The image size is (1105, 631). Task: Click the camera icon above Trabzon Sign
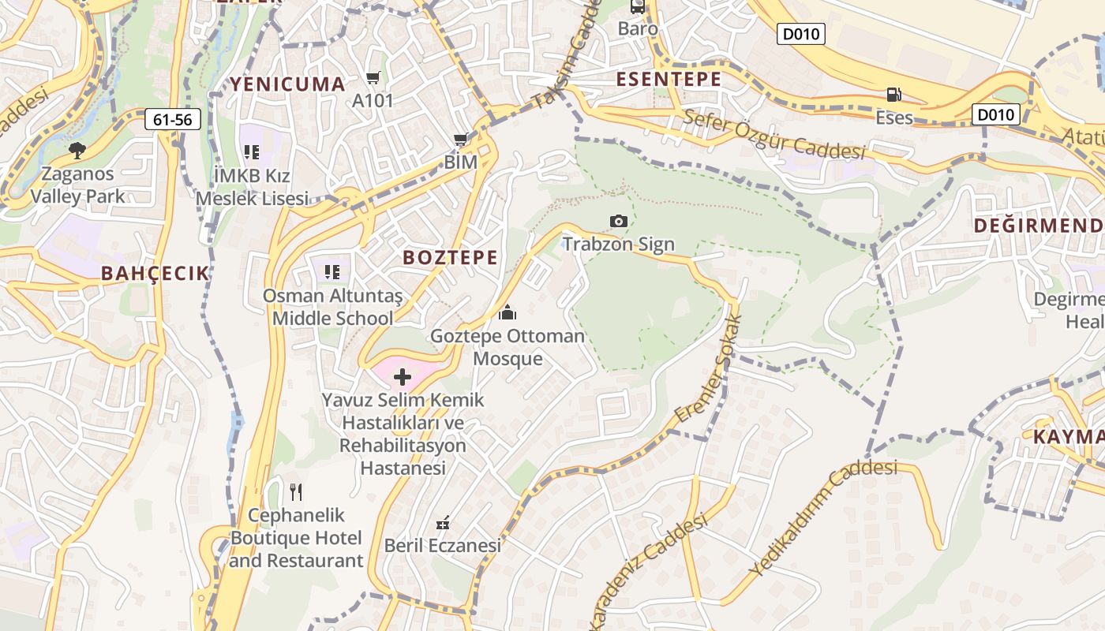[x=619, y=222]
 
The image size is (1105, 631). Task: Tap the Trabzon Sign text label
[x=619, y=244]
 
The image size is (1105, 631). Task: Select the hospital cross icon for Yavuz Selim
[x=403, y=377]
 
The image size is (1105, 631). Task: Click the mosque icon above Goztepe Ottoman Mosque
[x=508, y=313]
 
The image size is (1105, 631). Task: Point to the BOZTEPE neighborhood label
[x=451, y=257]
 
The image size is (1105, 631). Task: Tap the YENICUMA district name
[x=287, y=84]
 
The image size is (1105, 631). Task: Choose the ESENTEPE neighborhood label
[x=669, y=79]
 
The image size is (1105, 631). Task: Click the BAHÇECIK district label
[x=155, y=274]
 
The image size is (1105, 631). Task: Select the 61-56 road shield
[x=173, y=120]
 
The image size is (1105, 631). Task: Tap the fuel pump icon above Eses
[x=893, y=95]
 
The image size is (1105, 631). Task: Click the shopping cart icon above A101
[x=373, y=78]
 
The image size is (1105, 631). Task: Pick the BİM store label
[x=461, y=162]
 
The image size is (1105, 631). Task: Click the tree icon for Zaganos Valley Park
[x=77, y=151]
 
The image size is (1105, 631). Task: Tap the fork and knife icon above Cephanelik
[x=296, y=492]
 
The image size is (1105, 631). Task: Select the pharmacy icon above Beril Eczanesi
[x=443, y=523]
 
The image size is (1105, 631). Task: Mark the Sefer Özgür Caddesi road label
[x=774, y=135]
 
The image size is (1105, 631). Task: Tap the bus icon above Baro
[x=638, y=6]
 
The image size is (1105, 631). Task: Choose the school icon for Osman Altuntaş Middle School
[x=332, y=272]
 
